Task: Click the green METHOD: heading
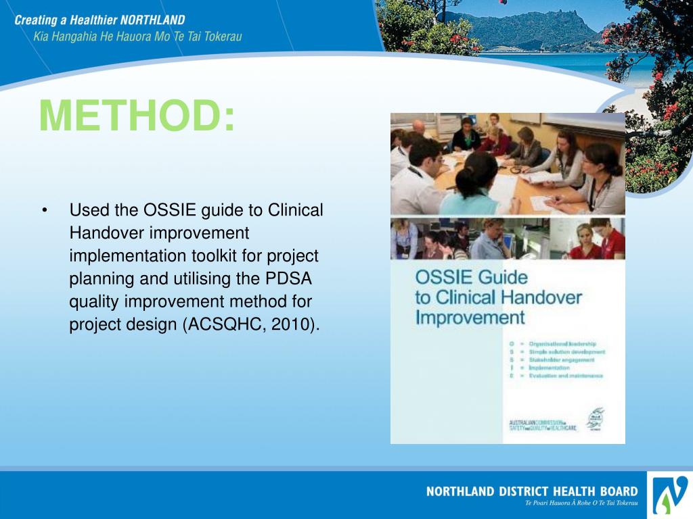137,116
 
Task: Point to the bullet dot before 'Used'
45,211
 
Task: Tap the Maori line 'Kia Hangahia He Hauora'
95,36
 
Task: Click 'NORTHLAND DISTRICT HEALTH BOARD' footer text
531,491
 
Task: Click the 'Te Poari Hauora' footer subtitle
581,503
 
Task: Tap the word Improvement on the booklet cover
470,317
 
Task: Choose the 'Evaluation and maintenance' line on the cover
566,376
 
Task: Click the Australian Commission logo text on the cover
543,425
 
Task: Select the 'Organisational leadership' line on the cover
562,344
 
